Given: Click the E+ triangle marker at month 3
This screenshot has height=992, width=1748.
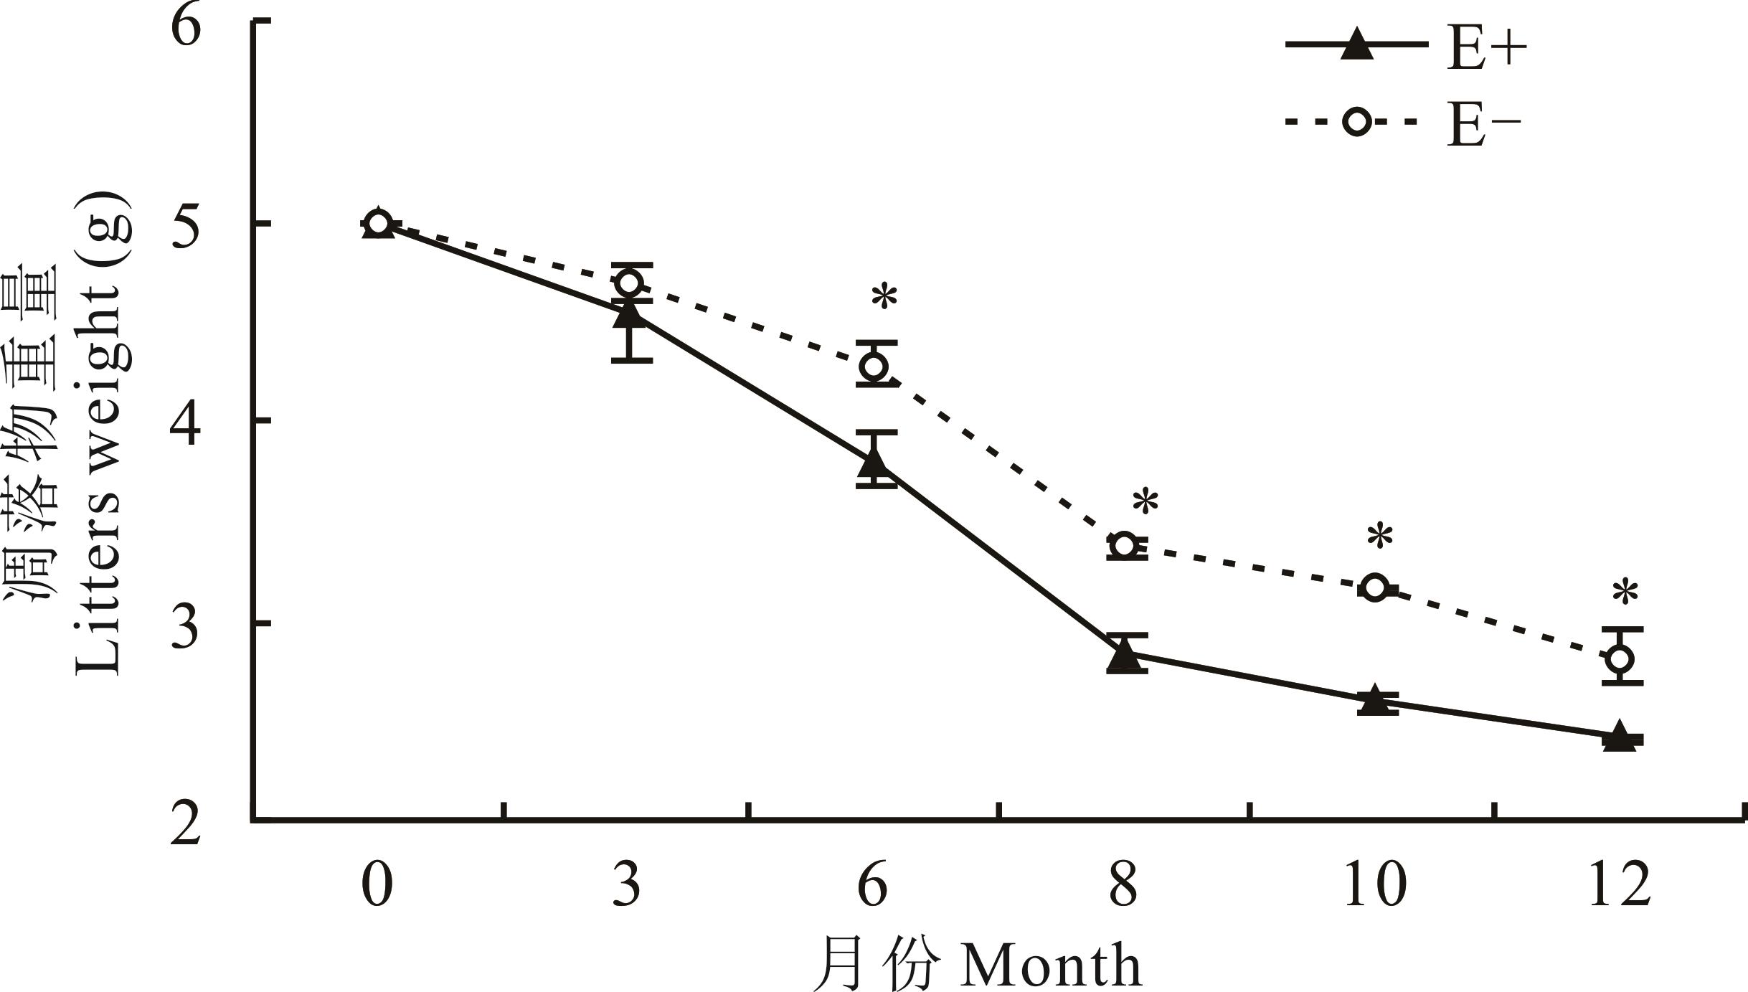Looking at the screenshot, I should coord(629,314).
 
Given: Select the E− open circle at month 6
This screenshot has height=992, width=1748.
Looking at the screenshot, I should coord(875,366).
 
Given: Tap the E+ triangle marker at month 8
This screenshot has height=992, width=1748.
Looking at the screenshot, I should coord(1125,654).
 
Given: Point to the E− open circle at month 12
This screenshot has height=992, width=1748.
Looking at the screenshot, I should coord(1621,658).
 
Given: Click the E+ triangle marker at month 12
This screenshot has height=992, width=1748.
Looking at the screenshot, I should coord(1620,737).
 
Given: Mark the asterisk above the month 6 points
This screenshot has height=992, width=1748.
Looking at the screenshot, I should coord(884,297).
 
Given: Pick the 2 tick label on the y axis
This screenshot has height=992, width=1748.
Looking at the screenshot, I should coord(186,823).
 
